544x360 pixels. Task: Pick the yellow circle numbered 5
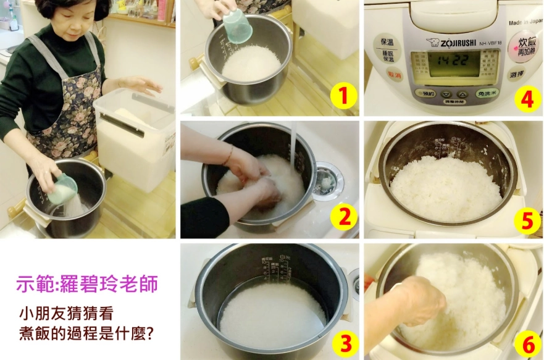coord(526,220)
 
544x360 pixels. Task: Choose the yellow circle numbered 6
coord(526,341)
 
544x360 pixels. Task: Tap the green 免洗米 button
coord(488,94)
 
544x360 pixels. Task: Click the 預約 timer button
coord(427,94)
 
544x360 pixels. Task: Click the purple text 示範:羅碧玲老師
coord(87,284)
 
